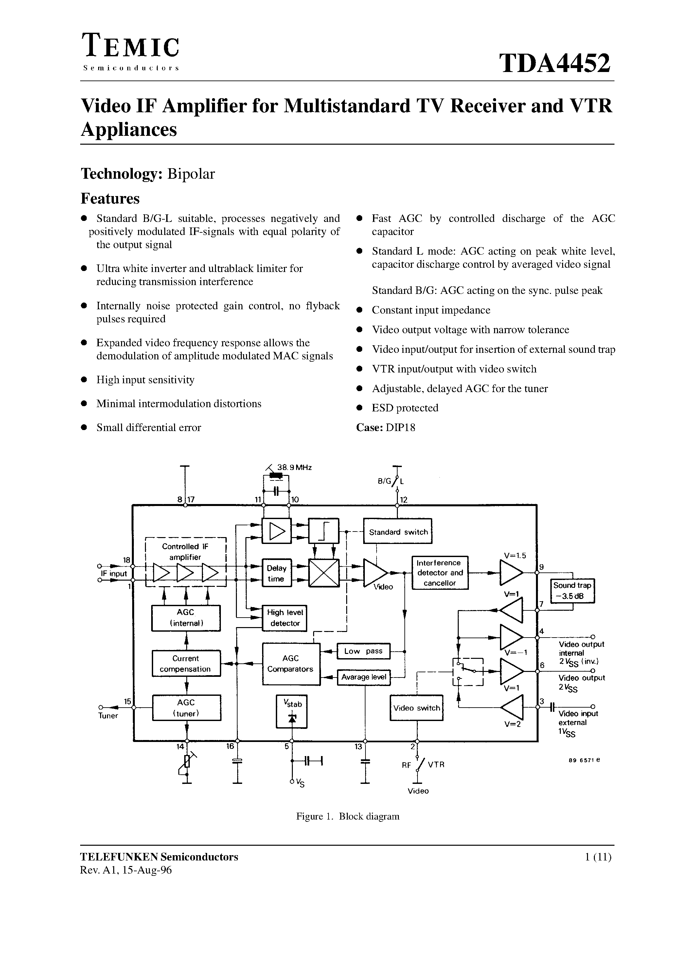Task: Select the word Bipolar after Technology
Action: tap(191, 174)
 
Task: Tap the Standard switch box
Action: tap(398, 532)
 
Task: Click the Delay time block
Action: tap(276, 573)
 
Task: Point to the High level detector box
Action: tap(285, 618)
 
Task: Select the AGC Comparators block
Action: tap(291, 663)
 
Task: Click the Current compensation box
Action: tap(186, 663)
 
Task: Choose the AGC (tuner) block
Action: tap(186, 708)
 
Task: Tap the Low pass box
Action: tap(363, 651)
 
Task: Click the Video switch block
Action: tap(416, 708)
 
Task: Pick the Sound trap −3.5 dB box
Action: tap(572, 591)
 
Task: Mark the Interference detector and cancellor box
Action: tap(440, 573)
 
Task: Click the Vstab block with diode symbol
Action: tap(292, 711)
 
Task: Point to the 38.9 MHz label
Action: tap(294, 468)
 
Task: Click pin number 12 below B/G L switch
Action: tap(403, 500)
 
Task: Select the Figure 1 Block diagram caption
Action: tap(347, 816)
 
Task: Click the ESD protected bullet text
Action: tap(405, 408)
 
